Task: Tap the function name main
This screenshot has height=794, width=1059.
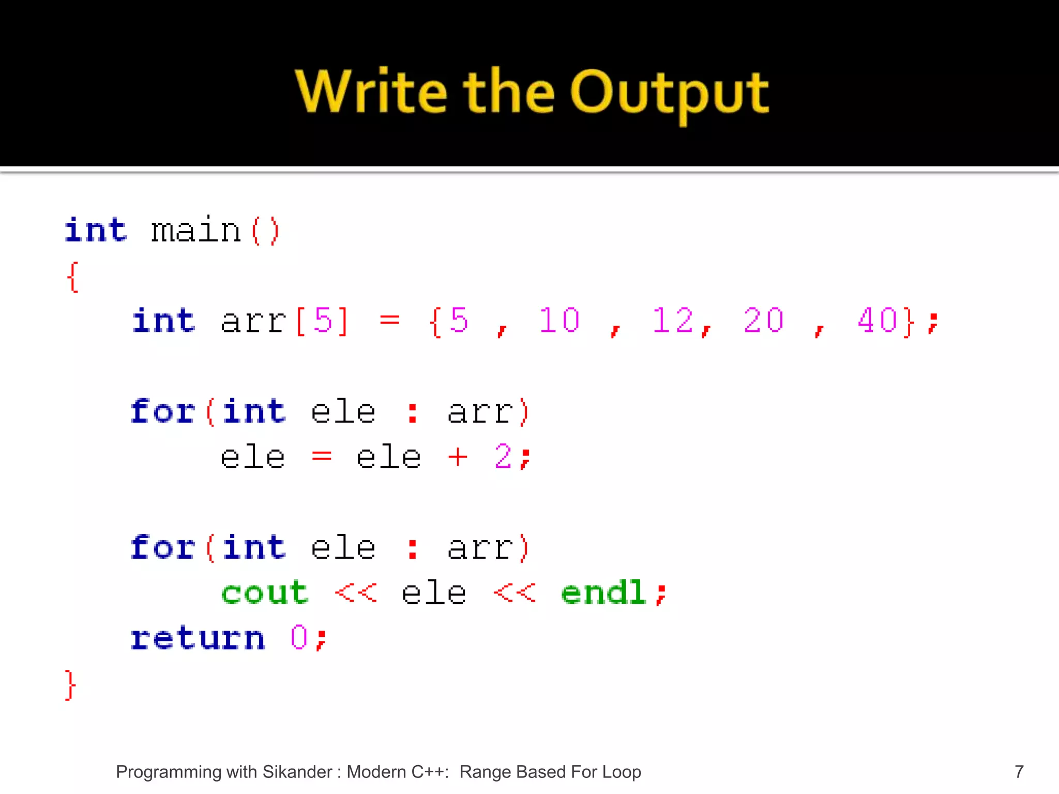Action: coord(196,231)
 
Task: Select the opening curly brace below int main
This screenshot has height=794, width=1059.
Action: coord(73,277)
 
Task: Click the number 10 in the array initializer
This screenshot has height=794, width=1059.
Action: coord(559,320)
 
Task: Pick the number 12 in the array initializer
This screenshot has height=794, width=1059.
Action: coord(672,320)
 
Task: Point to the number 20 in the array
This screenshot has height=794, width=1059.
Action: coord(764,320)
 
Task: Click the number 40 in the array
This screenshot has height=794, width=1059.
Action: coord(878,320)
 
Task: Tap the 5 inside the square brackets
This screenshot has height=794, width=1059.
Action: coord(323,320)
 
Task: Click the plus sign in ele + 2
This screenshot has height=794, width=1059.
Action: coord(458,457)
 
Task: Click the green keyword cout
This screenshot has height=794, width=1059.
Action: coord(265,592)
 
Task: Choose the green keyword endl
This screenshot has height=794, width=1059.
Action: coord(604,592)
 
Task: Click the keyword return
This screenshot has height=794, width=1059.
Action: coord(198,638)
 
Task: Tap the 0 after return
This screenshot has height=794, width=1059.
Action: coord(299,638)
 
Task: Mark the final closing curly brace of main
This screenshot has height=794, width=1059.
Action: coord(70,685)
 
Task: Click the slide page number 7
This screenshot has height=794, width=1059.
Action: coord(1019,772)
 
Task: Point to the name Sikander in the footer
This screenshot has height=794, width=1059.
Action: coord(297,772)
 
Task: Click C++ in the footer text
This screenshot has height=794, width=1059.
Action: coord(429,772)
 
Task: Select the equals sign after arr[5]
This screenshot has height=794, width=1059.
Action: coord(390,320)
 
